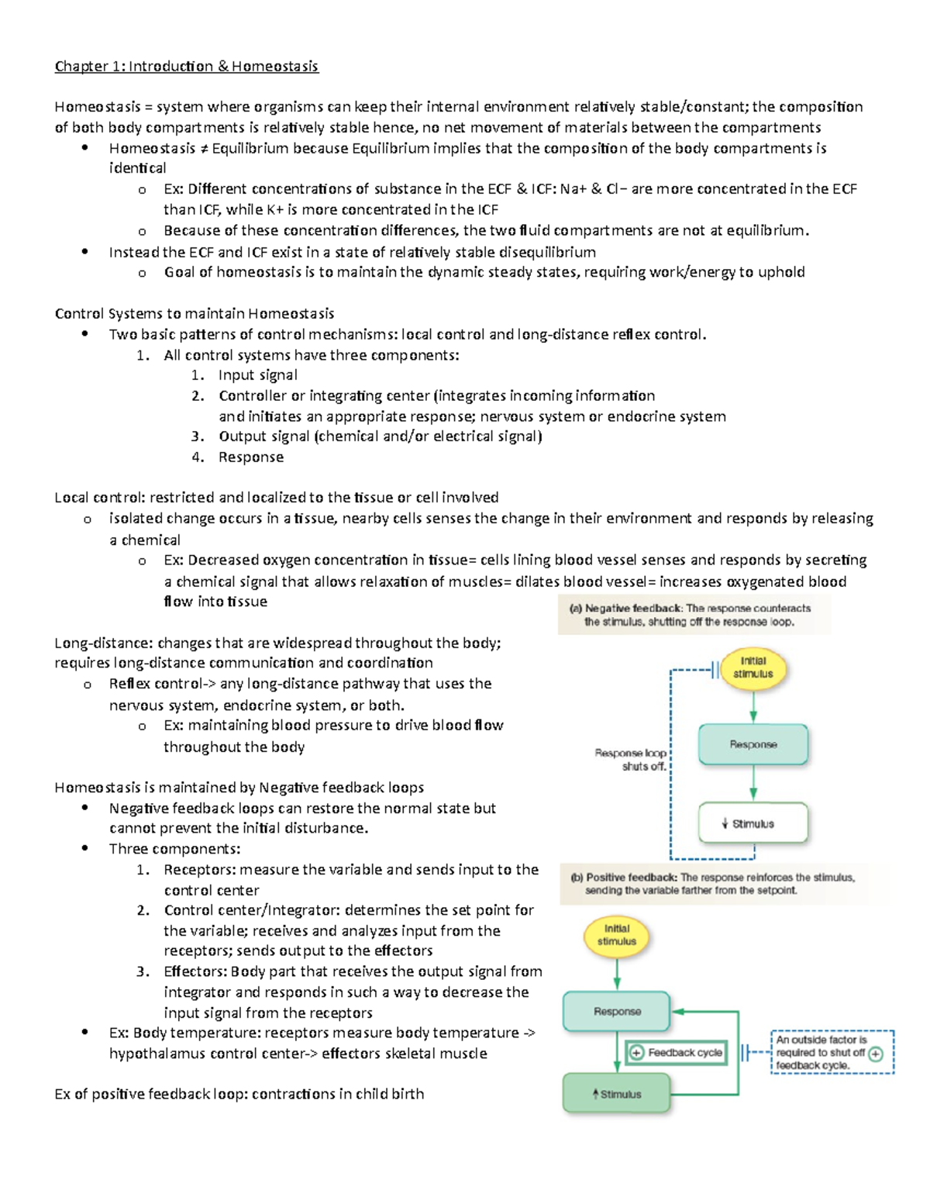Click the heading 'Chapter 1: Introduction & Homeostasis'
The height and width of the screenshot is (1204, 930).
click(186, 67)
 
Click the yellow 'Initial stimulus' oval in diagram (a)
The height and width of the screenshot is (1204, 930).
click(753, 668)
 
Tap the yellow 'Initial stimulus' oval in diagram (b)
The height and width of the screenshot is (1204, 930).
click(616, 935)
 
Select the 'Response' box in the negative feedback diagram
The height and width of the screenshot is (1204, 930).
click(753, 745)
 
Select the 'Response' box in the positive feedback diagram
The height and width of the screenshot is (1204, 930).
click(617, 1012)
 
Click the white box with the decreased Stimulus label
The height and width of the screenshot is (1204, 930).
click(753, 823)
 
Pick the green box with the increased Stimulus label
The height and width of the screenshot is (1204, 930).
click(617, 1094)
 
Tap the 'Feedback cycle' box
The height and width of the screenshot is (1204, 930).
click(677, 1053)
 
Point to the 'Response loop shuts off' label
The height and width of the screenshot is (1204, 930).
click(631, 759)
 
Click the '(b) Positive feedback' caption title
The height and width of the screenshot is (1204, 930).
click(624, 878)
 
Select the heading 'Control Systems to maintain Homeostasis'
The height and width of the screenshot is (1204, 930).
click(195, 313)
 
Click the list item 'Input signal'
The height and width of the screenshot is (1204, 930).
click(257, 375)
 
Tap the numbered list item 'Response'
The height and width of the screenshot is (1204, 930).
click(251, 457)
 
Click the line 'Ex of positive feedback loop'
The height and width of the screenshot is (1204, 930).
click(239, 1094)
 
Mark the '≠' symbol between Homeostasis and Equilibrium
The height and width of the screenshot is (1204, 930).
click(204, 149)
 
